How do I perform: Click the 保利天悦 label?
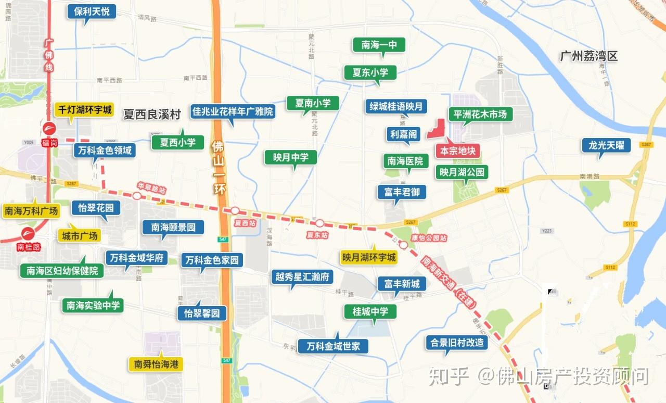(91, 11)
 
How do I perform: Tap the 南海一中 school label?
(379, 45)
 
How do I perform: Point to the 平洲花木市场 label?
(480, 114)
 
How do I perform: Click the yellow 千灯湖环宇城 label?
(85, 110)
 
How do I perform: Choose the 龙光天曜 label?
(606, 145)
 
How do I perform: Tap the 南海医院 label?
(405, 161)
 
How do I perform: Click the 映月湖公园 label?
(462, 172)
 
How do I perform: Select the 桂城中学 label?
(370, 311)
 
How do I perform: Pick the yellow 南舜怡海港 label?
(156, 364)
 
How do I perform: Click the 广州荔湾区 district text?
(588, 56)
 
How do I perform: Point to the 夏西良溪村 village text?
(151, 115)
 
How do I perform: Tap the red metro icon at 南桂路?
(28, 234)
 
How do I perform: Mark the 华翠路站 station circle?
(137, 196)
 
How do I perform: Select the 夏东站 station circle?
(319, 223)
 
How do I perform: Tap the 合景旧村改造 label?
(457, 343)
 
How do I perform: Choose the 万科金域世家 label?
(333, 346)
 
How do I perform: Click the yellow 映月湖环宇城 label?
(369, 257)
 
